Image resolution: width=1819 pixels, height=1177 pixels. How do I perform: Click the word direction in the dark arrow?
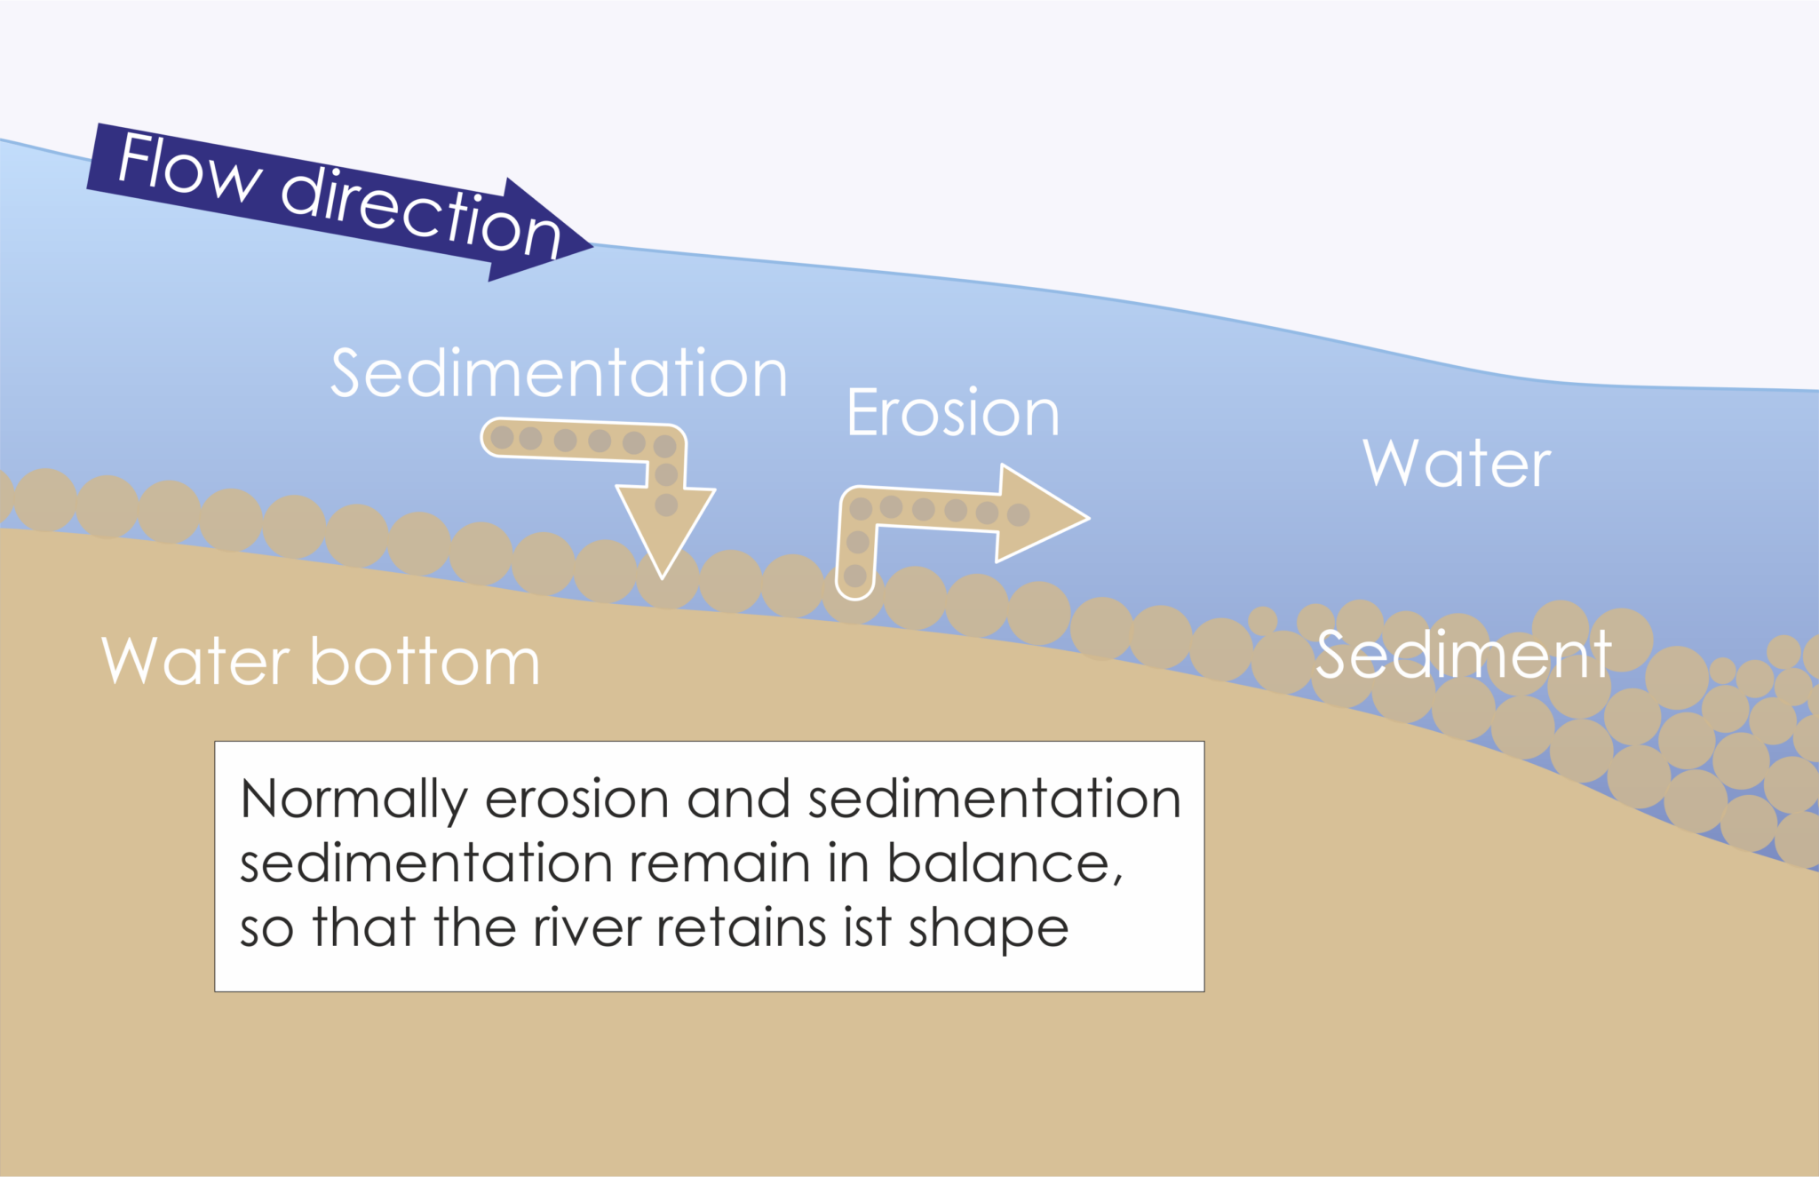[x=419, y=211]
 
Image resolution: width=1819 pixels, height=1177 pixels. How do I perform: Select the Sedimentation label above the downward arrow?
[x=559, y=373]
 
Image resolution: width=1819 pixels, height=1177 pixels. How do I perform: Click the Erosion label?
[x=953, y=413]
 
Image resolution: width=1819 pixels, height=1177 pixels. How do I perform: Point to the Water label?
[x=1457, y=464]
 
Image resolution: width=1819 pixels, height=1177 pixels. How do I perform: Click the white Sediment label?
[x=1463, y=656]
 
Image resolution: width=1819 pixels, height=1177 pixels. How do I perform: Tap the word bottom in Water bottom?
[x=425, y=662]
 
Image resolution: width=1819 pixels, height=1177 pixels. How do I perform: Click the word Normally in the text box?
[x=353, y=799]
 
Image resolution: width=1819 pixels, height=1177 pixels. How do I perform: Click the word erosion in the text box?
[x=576, y=799]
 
